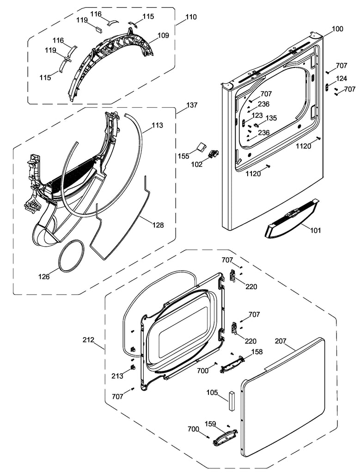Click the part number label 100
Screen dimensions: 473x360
(337, 29)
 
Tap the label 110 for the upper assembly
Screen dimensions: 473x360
(190, 17)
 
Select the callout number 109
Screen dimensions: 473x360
(163, 35)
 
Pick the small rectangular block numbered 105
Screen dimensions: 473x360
(231, 400)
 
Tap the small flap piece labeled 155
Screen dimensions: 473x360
(200, 146)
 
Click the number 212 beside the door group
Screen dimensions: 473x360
(88, 340)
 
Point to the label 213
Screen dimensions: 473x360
(117, 376)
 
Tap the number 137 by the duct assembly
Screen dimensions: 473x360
(191, 105)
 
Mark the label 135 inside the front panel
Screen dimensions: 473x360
(271, 118)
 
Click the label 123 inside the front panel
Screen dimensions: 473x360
(257, 115)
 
